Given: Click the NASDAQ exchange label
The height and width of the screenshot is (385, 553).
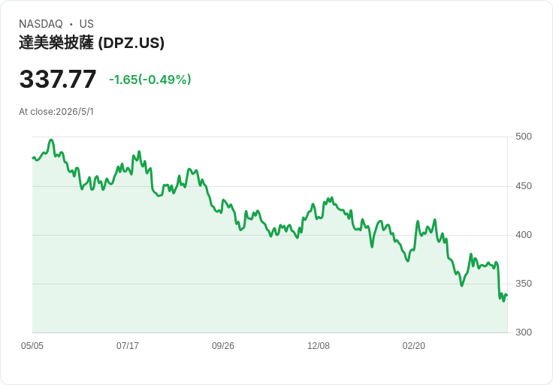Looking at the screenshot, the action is pyautogui.click(x=41, y=24).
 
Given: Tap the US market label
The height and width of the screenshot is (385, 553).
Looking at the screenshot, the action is pyautogui.click(x=86, y=24).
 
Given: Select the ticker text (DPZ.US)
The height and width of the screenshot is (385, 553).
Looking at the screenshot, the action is pyautogui.click(x=131, y=43).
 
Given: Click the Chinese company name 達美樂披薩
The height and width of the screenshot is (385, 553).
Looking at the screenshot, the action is pyautogui.click(x=56, y=43).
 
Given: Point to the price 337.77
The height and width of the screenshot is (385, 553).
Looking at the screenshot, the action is pyautogui.click(x=58, y=79).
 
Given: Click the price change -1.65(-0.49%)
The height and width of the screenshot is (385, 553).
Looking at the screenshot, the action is pyautogui.click(x=150, y=80).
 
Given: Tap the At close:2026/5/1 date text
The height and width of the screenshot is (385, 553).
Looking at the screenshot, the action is pyautogui.click(x=56, y=112).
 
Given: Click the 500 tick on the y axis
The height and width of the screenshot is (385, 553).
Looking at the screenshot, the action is pyautogui.click(x=524, y=137).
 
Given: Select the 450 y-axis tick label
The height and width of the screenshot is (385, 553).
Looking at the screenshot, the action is pyautogui.click(x=524, y=186).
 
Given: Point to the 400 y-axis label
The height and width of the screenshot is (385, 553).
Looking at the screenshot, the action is pyautogui.click(x=524, y=235).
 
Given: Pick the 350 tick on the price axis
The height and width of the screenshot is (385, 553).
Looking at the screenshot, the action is pyautogui.click(x=524, y=284).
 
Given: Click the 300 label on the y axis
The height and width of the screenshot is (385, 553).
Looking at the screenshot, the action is pyautogui.click(x=524, y=332).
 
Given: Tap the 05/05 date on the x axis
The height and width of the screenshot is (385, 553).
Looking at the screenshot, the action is pyautogui.click(x=32, y=346).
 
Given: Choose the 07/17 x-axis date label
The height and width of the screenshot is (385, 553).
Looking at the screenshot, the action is pyautogui.click(x=128, y=346).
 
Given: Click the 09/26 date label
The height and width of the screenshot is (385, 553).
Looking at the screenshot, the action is pyautogui.click(x=223, y=346).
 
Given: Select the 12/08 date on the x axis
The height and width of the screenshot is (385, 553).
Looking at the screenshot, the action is pyautogui.click(x=319, y=346).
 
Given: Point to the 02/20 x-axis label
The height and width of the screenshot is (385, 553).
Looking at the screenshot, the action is pyautogui.click(x=414, y=346).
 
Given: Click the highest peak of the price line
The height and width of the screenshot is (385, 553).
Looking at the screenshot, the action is pyautogui.click(x=52, y=140).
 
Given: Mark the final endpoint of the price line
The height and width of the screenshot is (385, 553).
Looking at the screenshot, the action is pyautogui.click(x=507, y=295).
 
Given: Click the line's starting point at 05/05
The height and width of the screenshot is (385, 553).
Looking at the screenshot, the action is pyautogui.click(x=33, y=158).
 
